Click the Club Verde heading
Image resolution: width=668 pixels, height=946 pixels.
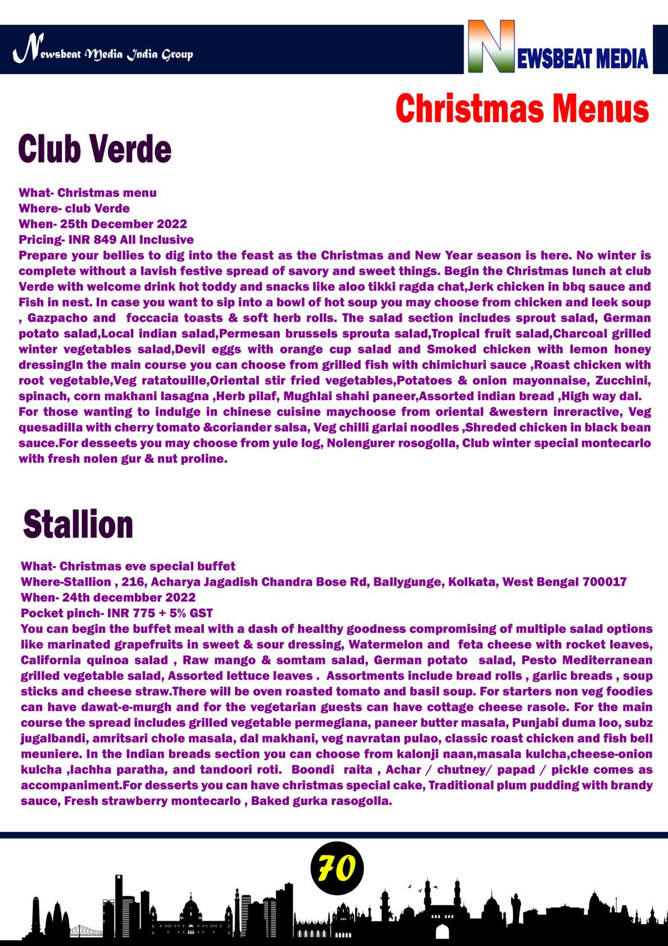point(94,150)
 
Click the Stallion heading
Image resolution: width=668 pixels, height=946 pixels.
point(78,524)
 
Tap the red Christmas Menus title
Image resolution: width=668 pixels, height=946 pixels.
point(522,108)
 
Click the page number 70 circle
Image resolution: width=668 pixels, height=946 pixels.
point(337,868)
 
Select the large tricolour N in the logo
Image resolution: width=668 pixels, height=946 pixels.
point(491,47)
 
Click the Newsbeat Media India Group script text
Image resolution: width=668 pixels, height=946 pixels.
point(103,54)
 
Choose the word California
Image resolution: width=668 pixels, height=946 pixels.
point(47,660)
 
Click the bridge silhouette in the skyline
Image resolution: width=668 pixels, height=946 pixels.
point(85,929)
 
